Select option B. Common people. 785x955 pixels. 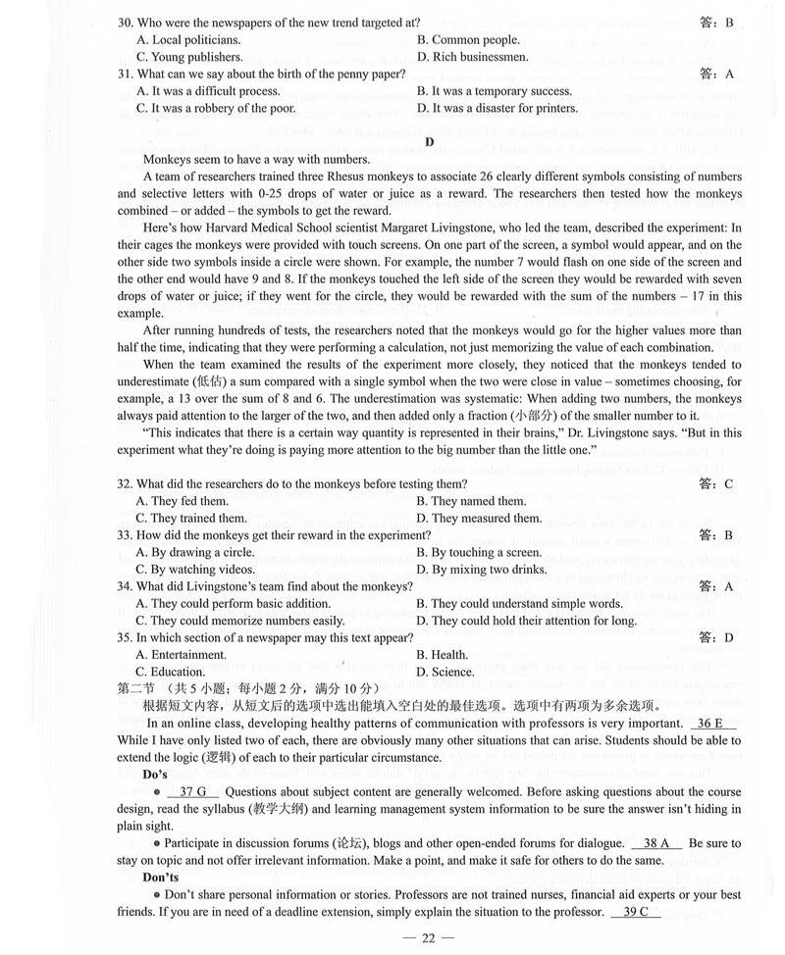(468, 40)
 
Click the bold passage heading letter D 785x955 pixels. (429, 141)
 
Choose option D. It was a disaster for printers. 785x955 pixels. (497, 108)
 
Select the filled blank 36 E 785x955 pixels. (713, 724)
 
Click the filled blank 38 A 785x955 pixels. (656, 843)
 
